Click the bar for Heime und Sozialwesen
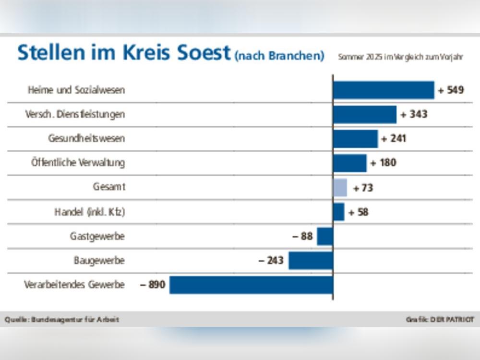pos(384,90)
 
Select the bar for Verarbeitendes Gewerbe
pos(251,285)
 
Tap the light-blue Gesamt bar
pos(340,188)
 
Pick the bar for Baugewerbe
pos(311,261)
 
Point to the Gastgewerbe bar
pos(325,236)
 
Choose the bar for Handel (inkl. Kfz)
pos(338,212)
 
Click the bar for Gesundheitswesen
pos(355,139)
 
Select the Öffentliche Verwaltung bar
pos(349,163)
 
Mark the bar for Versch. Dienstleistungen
pos(365,114)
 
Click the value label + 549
pos(451,90)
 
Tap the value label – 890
pos(153,285)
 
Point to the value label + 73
pos(363,188)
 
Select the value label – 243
pos(271,261)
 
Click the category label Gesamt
pos(109,187)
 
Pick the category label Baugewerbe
pos(99,261)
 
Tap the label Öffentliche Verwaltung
pos(78,163)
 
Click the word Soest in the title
pos(197,53)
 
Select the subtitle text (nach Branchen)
pos(279,56)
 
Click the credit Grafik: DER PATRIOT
pos(440,319)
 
